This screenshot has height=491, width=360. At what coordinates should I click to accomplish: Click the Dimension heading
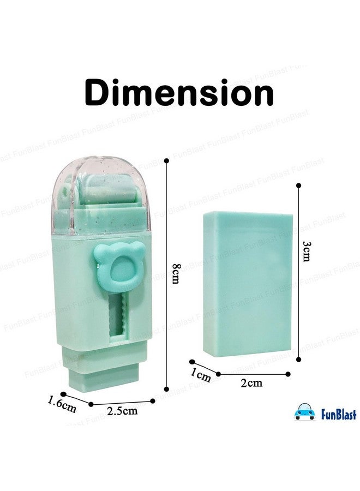tap(179, 93)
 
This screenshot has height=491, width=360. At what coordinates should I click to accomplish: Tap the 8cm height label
tap(177, 274)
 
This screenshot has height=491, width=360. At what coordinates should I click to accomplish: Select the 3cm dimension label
tap(307, 251)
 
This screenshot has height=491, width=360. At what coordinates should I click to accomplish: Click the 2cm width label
tap(251, 382)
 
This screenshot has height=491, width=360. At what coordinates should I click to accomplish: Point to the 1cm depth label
tap(201, 374)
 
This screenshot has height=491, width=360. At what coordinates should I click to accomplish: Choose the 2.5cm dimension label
tap(122, 410)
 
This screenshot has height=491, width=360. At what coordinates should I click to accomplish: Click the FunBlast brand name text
tap(339, 414)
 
